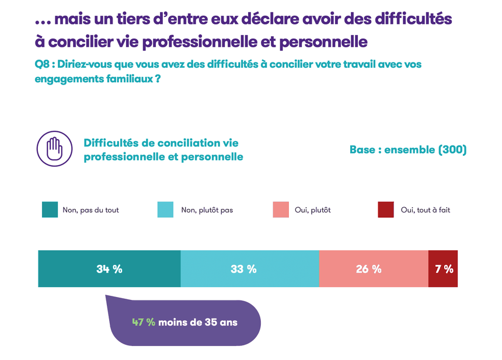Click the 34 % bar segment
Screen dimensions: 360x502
click(x=109, y=269)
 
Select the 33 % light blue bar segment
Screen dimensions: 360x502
click(x=250, y=269)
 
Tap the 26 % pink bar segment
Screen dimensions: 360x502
click(x=374, y=269)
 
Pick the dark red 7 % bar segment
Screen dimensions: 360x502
click(x=443, y=269)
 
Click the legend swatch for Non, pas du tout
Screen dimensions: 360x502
click(x=50, y=209)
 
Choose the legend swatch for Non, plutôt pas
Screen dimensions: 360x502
click(x=166, y=209)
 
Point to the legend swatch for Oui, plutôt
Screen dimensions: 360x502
click(x=281, y=209)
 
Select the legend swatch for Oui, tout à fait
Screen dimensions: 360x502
click(x=386, y=209)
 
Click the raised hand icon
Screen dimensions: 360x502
click(x=54, y=149)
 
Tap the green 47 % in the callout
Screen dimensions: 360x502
click(x=144, y=322)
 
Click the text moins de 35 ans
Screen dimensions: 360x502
click(x=198, y=322)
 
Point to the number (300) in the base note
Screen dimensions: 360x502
click(x=452, y=150)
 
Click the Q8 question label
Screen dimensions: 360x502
click(x=42, y=64)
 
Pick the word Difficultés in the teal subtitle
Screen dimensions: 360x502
click(x=112, y=143)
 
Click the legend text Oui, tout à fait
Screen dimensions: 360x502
click(x=426, y=210)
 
